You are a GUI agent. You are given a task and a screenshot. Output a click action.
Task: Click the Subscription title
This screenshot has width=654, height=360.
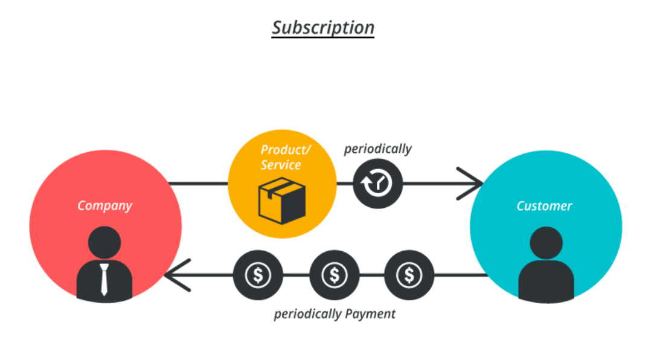point(322,28)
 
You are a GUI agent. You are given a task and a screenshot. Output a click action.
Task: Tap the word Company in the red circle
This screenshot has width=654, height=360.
point(105,205)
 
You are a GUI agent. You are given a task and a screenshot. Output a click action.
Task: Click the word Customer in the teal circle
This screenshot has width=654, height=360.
point(544,206)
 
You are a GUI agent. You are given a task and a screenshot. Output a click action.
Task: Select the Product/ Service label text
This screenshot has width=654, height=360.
point(281,157)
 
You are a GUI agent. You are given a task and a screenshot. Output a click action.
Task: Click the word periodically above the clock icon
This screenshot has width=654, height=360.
point(377,149)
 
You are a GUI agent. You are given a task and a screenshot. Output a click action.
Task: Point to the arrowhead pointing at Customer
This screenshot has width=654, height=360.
point(472,183)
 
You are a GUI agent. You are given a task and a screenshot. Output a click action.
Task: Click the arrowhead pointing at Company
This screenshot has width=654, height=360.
point(175,275)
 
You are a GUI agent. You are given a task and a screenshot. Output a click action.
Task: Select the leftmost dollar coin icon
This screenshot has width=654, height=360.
point(258,275)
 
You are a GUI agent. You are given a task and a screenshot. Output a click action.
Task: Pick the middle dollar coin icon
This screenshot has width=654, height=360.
point(334,275)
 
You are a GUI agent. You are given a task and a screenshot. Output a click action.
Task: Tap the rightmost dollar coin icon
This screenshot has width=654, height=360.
point(409,275)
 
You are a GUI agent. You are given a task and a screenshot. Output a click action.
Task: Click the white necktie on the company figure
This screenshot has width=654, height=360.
point(104,279)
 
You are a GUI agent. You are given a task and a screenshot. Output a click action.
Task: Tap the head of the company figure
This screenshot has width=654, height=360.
point(104,243)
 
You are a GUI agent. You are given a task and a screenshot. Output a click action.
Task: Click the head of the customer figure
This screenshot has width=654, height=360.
point(546,243)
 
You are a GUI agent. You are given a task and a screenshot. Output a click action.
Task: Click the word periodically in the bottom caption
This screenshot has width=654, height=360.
point(308,314)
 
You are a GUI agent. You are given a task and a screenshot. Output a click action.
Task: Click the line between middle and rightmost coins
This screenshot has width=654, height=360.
point(371,275)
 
